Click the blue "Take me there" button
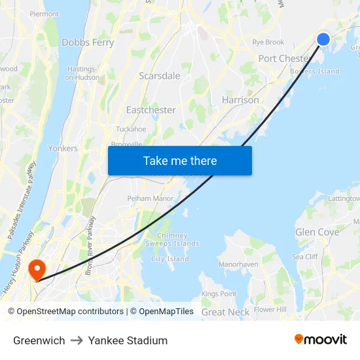[180, 160]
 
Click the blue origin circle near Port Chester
[323, 39]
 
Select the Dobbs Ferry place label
[88, 43]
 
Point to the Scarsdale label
[159, 76]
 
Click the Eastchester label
[151, 110]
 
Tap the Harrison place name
[240, 100]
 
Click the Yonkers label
[63, 149]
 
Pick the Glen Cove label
[317, 232]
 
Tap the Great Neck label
[225, 312]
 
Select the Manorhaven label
[239, 264]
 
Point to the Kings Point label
[219, 295]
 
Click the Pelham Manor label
[151, 198]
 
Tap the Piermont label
[44, 14]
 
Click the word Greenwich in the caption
[39, 340]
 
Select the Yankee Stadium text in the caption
[128, 340]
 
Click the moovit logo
[320, 340]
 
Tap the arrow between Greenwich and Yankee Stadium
[77, 340]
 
